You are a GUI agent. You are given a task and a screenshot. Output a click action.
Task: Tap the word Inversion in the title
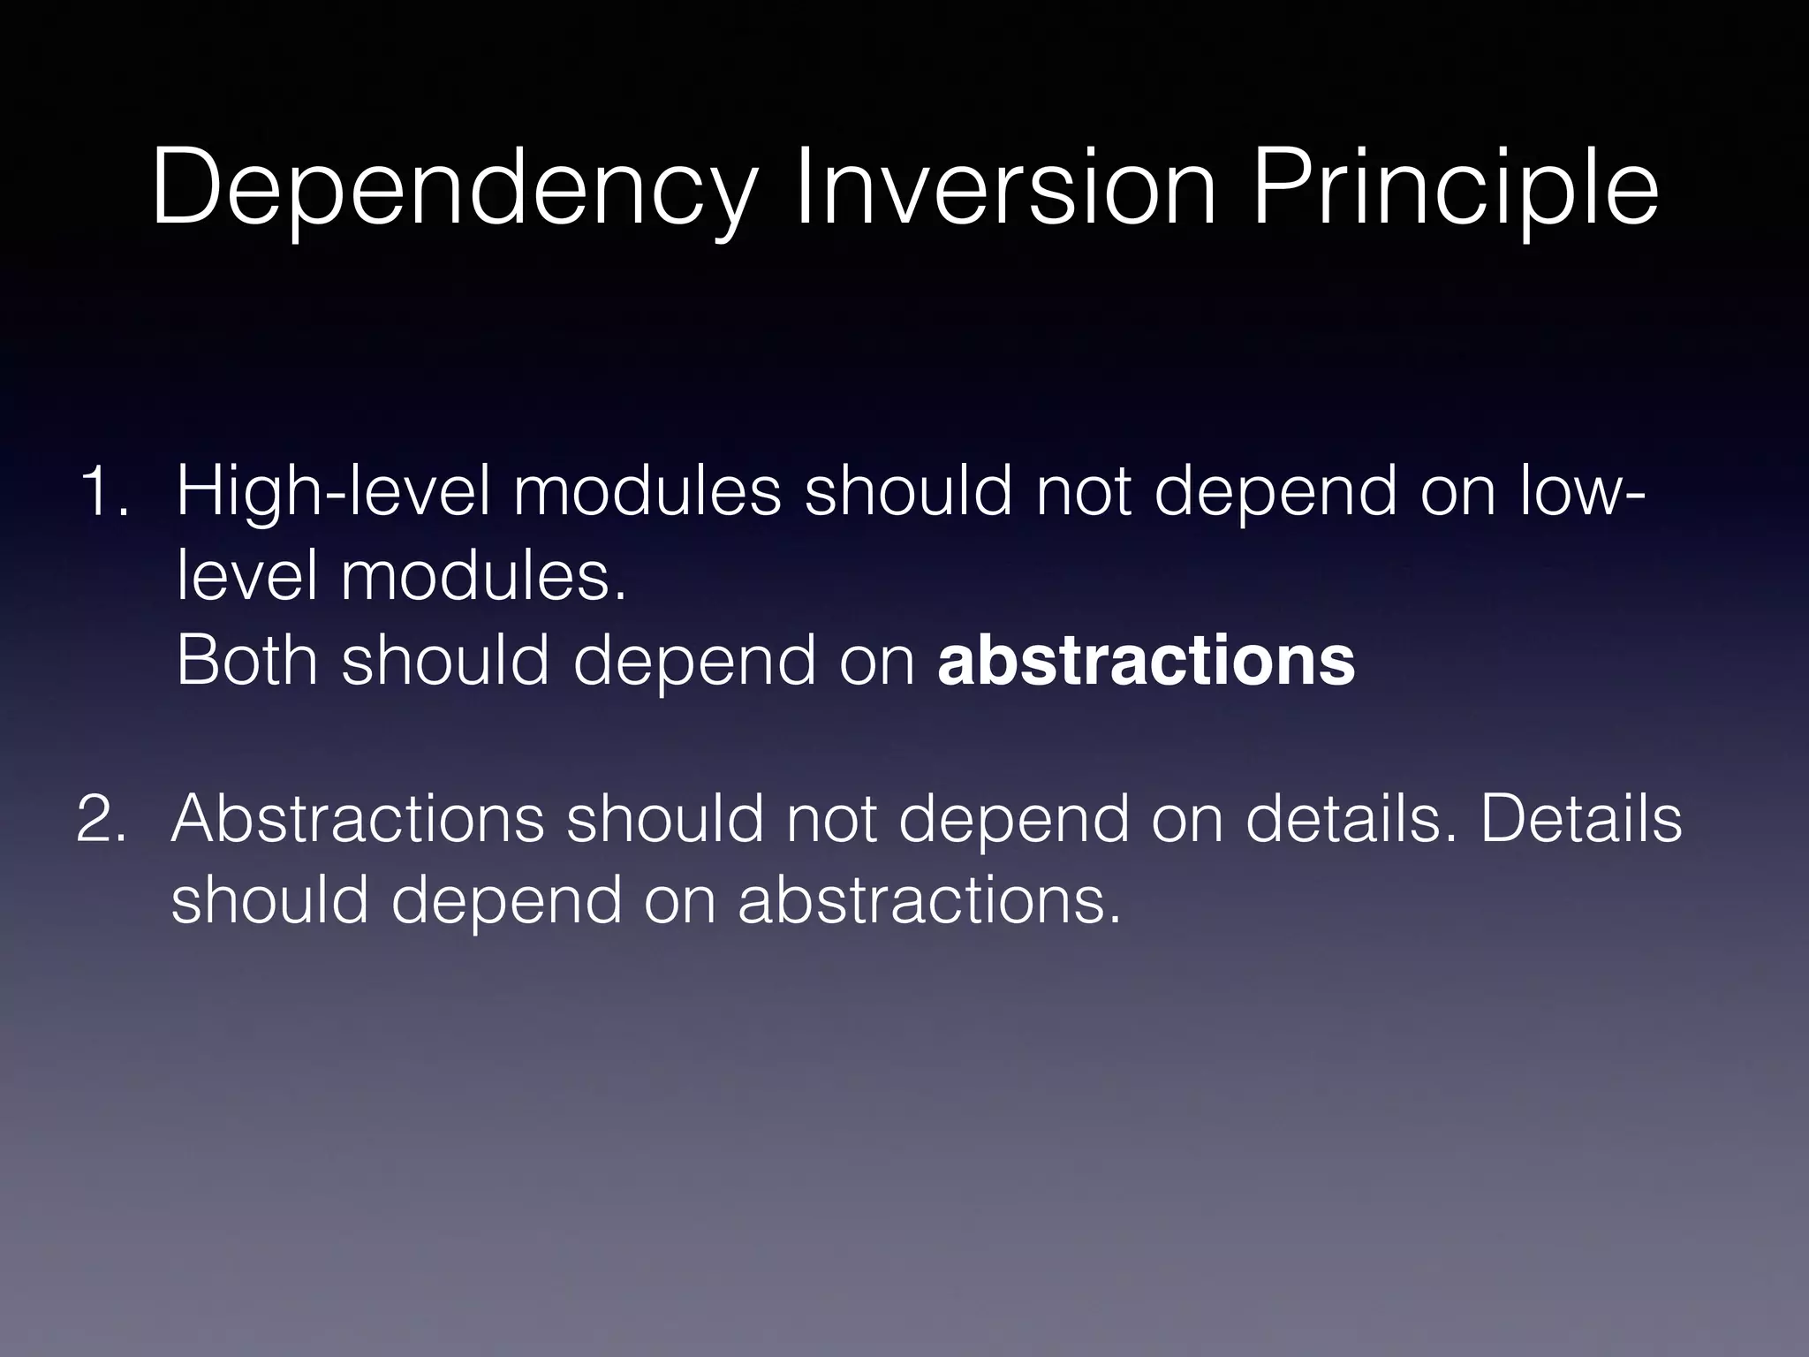pyautogui.click(x=1005, y=188)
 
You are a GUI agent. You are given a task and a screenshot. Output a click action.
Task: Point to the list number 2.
pyautogui.click(x=102, y=819)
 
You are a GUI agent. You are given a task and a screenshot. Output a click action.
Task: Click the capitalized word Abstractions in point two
pyautogui.click(x=357, y=819)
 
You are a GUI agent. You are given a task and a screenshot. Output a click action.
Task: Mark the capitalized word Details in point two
pyautogui.click(x=1580, y=819)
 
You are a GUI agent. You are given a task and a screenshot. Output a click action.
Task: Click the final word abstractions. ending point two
pyautogui.click(x=929, y=900)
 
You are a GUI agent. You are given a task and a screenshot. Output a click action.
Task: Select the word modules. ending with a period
pyautogui.click(x=483, y=576)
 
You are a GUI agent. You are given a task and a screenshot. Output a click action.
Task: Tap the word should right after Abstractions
pyautogui.click(x=664, y=819)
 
